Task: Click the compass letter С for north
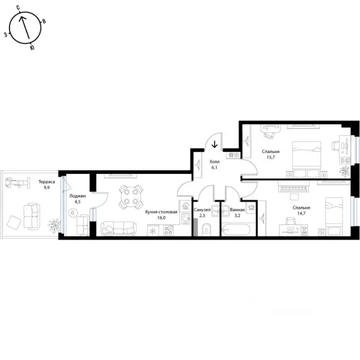click(18, 8)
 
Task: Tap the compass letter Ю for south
click(32, 47)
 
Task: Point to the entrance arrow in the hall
click(214, 144)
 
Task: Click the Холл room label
click(214, 161)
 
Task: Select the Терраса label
click(47, 182)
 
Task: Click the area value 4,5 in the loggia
click(77, 202)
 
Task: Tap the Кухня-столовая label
click(161, 212)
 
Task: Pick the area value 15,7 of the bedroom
click(271, 157)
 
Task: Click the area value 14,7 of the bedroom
click(301, 213)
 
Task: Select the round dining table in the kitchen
click(131, 197)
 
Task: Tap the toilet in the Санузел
click(206, 229)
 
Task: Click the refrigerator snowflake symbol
click(153, 231)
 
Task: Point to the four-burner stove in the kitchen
click(168, 230)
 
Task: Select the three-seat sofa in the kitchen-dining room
click(119, 229)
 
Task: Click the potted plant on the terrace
click(55, 226)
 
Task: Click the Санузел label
click(202, 210)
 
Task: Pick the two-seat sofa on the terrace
click(32, 217)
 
